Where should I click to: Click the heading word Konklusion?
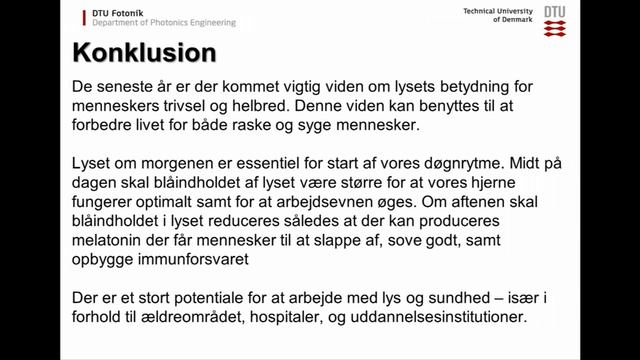[145, 51]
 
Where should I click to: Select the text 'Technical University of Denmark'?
[497, 15]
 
